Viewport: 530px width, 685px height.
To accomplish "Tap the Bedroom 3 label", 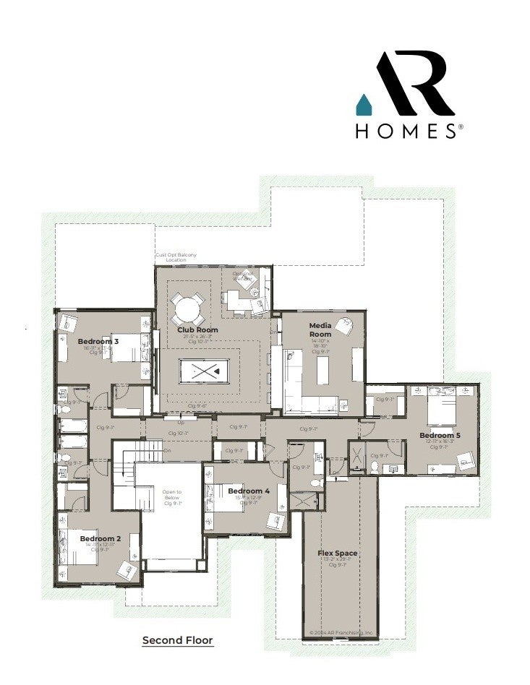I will pos(98,340).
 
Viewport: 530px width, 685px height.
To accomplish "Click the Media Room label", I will pos(320,329).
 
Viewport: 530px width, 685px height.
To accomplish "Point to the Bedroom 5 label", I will pos(440,435).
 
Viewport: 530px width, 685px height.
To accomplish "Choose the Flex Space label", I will pos(338,553).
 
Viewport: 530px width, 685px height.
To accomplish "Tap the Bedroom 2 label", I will pos(100,538).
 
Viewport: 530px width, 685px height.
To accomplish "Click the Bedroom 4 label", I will pos(249,491).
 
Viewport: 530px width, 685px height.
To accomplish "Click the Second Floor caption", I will pos(178,639).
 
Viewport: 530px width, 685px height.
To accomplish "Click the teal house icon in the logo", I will pos(363,105).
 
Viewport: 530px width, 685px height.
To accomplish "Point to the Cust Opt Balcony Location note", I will pos(176,257).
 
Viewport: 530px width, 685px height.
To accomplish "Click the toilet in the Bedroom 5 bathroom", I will pos(375,467).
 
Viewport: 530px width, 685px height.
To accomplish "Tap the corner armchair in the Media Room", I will pos(346,325).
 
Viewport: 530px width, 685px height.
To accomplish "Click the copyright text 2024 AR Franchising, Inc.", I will pos(341,632).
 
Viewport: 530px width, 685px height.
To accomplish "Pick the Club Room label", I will pos(197,329).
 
